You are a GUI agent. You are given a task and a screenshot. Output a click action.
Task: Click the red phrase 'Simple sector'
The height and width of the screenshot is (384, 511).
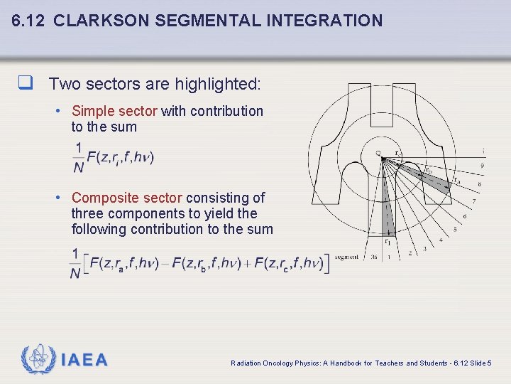pos(115,111)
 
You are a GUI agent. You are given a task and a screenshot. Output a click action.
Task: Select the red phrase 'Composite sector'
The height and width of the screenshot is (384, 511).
pos(126,198)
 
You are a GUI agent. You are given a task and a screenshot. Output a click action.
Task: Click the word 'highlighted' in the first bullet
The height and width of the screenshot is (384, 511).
pos(216,85)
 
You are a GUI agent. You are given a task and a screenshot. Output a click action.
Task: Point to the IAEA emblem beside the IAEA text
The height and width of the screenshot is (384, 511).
pos(37,360)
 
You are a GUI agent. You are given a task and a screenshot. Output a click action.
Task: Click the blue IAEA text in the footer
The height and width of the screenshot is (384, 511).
pos(84,361)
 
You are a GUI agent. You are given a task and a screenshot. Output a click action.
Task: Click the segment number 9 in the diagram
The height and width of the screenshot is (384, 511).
pos(482,166)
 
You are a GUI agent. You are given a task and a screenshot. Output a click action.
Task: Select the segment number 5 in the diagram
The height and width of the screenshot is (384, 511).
pos(454,230)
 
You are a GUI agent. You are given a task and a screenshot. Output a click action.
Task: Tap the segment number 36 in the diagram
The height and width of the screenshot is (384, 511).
pos(373,257)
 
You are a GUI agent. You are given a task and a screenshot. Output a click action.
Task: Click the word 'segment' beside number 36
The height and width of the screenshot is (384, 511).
pos(346,257)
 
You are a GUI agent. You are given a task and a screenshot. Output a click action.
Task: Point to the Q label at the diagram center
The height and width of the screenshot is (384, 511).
pos(378,152)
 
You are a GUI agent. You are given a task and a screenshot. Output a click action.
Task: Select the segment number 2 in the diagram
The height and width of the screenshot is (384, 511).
pos(410,254)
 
